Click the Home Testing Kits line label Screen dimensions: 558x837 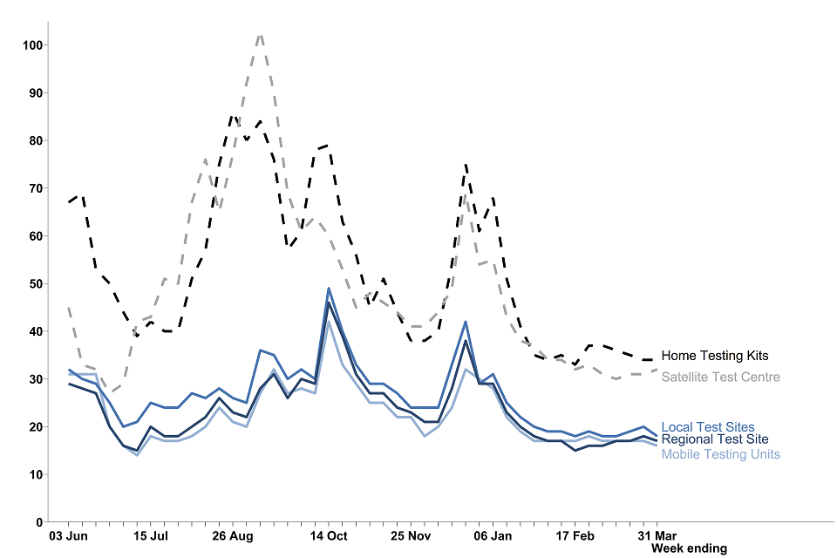[x=715, y=356]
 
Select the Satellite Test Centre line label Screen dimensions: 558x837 [x=720, y=378]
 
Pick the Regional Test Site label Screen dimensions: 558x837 [x=715, y=439]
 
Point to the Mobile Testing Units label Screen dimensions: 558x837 [x=720, y=454]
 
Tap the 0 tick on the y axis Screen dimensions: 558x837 [x=40, y=521]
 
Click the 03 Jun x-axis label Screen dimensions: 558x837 [x=68, y=535]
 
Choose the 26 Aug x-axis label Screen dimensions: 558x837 [x=232, y=535]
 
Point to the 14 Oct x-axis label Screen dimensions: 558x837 [x=328, y=535]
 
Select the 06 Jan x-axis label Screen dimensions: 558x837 [x=492, y=535]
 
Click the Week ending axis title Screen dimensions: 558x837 [x=689, y=548]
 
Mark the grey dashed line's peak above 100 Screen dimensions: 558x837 [x=261, y=35]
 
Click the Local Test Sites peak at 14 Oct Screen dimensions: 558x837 [x=329, y=288]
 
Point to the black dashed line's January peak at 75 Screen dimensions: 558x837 [x=466, y=164]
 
